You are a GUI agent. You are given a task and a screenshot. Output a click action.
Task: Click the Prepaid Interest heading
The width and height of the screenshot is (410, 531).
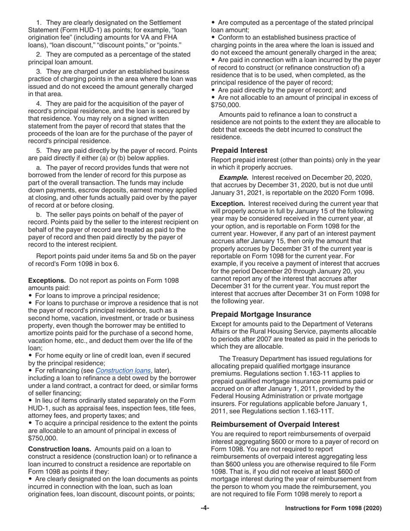coord(239,151)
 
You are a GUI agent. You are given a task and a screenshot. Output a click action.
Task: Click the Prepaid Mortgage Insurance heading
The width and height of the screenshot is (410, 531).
coord(261,314)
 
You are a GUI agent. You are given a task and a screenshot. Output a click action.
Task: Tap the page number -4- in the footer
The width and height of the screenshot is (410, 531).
coord(205,508)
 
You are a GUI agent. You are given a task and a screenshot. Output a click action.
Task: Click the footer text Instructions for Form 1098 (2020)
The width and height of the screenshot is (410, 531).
coord(333,508)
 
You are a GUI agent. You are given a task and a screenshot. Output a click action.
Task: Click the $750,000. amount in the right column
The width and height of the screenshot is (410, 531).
coord(226,105)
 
